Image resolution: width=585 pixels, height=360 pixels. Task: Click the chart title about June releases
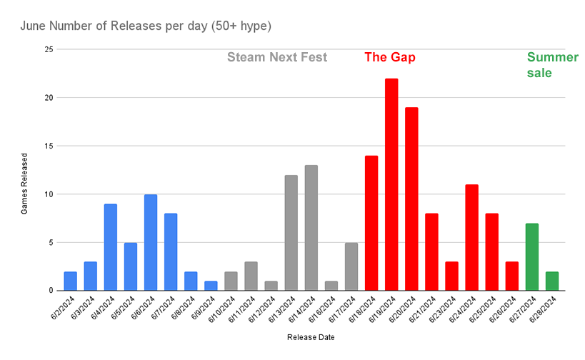click(146, 26)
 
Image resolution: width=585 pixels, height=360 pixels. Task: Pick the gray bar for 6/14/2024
click(311, 228)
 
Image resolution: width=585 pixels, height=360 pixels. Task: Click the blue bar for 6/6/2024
click(151, 242)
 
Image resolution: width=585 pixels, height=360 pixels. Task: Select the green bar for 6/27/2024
click(532, 256)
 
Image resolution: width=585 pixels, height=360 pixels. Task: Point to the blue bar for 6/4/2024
click(111, 247)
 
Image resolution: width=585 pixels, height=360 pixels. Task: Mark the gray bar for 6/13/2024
click(291, 233)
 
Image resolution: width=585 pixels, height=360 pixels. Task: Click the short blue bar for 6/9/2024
click(211, 286)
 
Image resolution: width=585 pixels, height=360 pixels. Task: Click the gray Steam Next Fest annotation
click(277, 57)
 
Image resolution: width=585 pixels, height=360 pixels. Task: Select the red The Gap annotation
click(390, 57)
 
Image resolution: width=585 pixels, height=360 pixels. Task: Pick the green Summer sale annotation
click(552, 64)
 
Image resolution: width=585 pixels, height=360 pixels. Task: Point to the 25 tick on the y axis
click(49, 49)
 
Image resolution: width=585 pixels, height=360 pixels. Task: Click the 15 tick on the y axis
click(49, 146)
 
